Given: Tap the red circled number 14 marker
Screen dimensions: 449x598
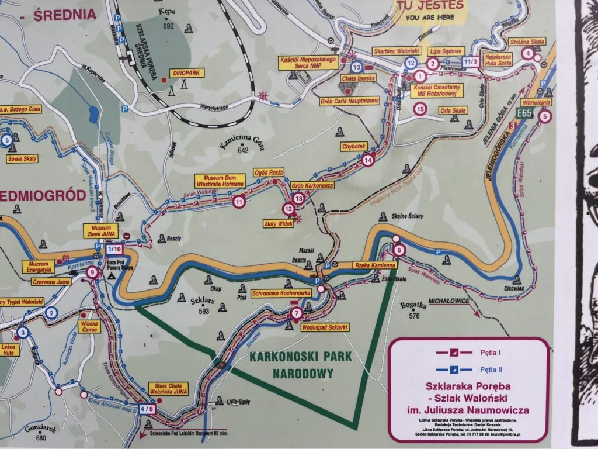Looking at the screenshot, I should click(367, 159).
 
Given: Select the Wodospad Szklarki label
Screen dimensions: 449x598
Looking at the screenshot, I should click(325, 327).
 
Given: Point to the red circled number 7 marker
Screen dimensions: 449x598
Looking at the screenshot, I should click(296, 313).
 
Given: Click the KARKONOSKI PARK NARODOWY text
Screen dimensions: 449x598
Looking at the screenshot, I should click(300, 364).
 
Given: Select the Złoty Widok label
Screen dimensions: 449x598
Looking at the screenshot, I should click(277, 224).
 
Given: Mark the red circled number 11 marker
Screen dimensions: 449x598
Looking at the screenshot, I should click(238, 202).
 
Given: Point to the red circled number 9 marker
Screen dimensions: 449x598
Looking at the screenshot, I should click(91, 272).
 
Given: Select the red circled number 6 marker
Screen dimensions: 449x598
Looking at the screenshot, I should click(399, 251).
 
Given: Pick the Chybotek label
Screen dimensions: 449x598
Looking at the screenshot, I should click(354, 146).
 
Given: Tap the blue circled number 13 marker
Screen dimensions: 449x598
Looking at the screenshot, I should click(356, 67).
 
